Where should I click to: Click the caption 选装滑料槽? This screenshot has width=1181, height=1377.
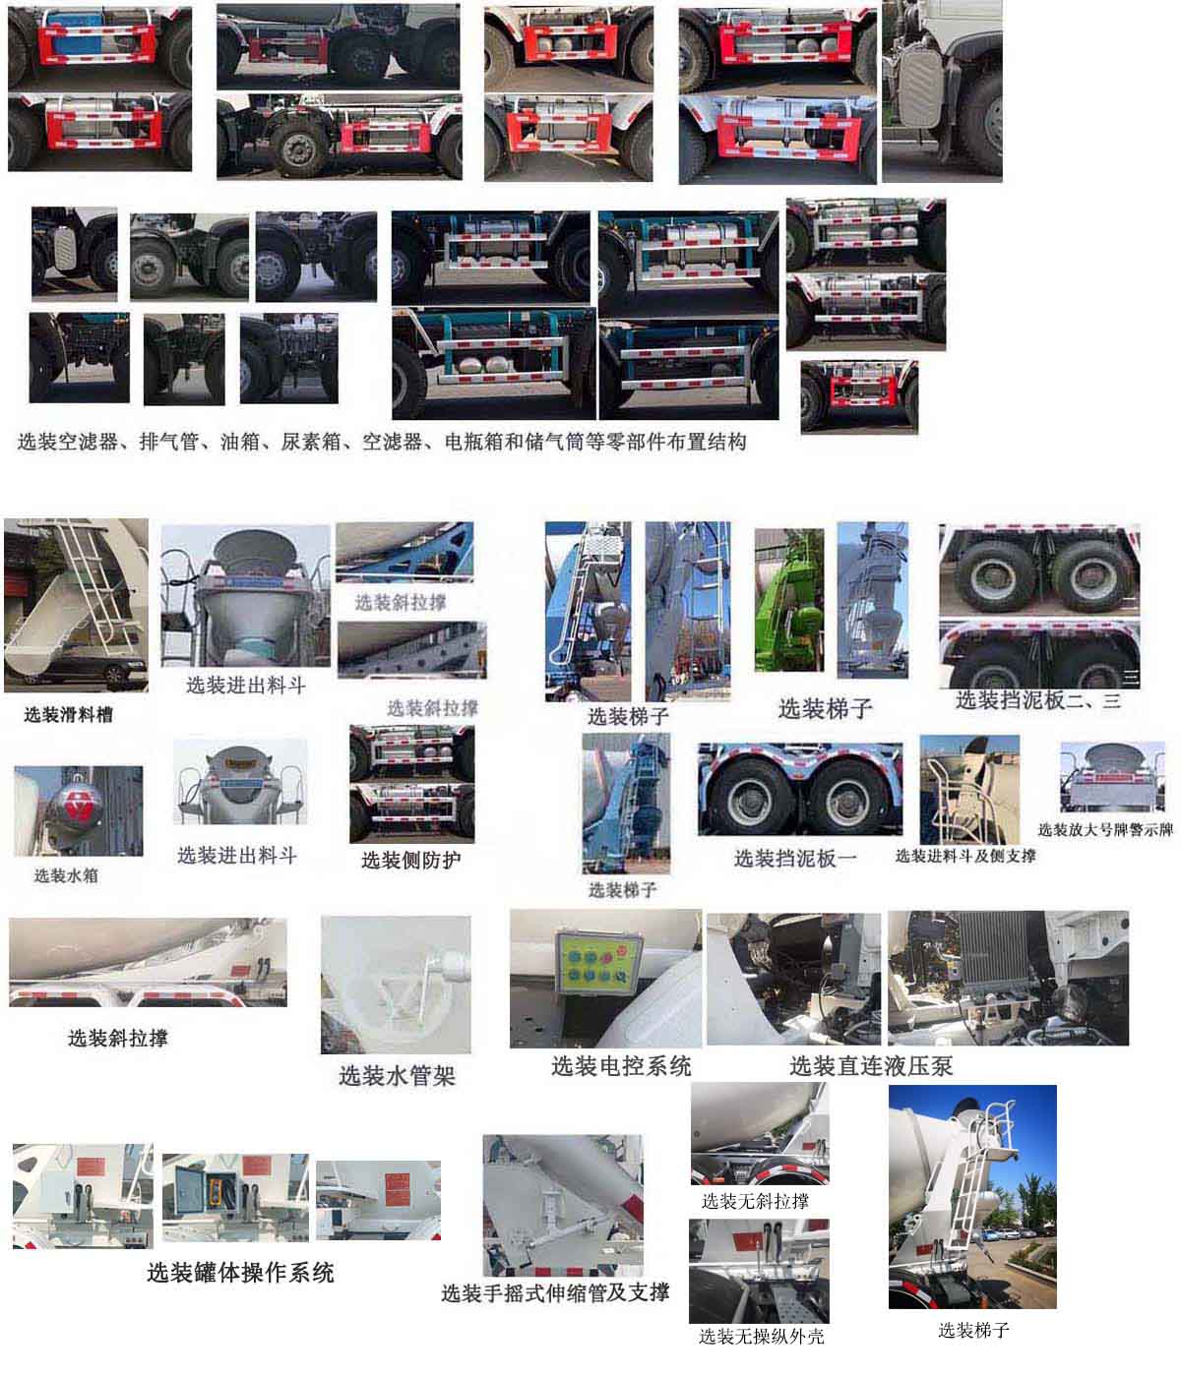pyautogui.click(x=68, y=715)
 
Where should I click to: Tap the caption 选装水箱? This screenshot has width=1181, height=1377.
pyautogui.click(x=66, y=874)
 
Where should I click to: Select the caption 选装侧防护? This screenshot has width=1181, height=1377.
pyautogui.click(x=410, y=861)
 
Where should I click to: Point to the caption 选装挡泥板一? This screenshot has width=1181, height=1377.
pyautogui.click(x=795, y=859)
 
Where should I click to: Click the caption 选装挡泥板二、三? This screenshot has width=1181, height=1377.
pyautogui.click(x=1038, y=700)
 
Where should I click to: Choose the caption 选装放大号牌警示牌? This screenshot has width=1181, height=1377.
pyautogui.click(x=1105, y=829)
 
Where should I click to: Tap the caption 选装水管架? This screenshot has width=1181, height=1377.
pyautogui.click(x=397, y=1076)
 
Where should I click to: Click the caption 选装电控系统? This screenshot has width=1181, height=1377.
pyautogui.click(x=621, y=1065)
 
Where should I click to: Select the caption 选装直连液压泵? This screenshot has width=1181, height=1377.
pyautogui.click(x=871, y=1065)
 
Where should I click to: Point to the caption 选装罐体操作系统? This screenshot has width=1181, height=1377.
pyautogui.click(x=240, y=1273)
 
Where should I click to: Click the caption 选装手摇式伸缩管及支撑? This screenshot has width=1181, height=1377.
pyautogui.click(x=555, y=1292)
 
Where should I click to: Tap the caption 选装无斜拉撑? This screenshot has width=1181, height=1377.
pyautogui.click(x=756, y=1201)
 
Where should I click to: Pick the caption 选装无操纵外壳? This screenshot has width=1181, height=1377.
pyautogui.click(x=762, y=1336)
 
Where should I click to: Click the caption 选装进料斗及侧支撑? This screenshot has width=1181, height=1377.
pyautogui.click(x=965, y=856)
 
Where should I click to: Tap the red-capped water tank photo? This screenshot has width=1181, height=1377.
pyautogui.click(x=78, y=811)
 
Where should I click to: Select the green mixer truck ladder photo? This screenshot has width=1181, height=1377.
pyautogui.click(x=788, y=600)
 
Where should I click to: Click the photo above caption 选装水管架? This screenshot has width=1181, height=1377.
pyautogui.click(x=396, y=984)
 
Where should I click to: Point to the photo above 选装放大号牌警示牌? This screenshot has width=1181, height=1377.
pyautogui.click(x=1111, y=777)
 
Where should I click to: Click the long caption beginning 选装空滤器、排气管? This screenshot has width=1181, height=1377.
pyautogui.click(x=382, y=442)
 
